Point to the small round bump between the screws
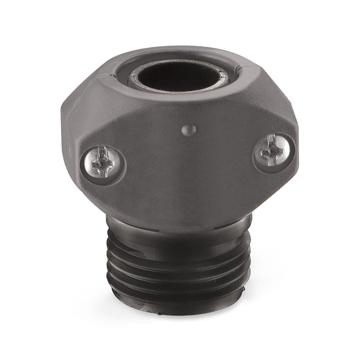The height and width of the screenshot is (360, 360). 189,130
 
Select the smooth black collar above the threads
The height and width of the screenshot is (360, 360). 180,228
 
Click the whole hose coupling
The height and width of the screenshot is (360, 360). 180,180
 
